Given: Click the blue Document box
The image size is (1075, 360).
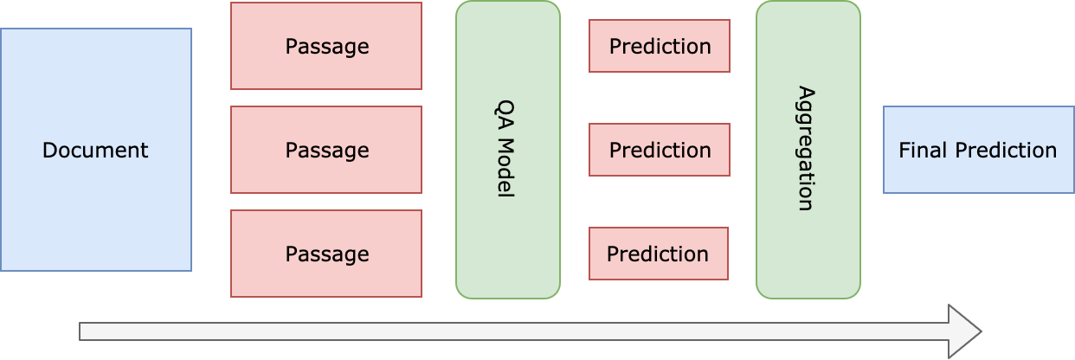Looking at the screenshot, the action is pyautogui.click(x=96, y=150).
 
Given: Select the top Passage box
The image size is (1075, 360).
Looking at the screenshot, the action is pyautogui.click(x=326, y=46).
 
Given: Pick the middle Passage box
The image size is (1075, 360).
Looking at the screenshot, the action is pyautogui.click(x=326, y=150).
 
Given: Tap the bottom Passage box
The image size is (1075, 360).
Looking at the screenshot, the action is pyautogui.click(x=326, y=254).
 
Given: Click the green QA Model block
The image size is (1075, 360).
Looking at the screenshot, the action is pyautogui.click(x=508, y=150).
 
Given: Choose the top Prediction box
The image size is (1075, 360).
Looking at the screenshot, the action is pyautogui.click(x=660, y=46).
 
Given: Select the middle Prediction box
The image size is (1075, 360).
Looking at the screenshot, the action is pyautogui.click(x=660, y=150).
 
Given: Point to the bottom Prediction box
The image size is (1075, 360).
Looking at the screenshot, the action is pyautogui.click(x=659, y=254).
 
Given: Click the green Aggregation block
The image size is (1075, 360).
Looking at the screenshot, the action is pyautogui.click(x=808, y=150).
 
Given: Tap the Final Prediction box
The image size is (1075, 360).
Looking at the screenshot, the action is pyautogui.click(x=979, y=150).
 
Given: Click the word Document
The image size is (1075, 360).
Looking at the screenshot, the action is pyautogui.click(x=95, y=151).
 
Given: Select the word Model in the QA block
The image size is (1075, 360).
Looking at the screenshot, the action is pyautogui.click(x=505, y=168).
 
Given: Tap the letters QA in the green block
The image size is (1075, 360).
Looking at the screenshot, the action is pyautogui.click(x=505, y=115).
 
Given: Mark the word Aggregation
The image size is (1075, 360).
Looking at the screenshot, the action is pyautogui.click(x=807, y=149).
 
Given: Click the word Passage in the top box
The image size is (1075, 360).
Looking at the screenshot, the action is pyautogui.click(x=327, y=47).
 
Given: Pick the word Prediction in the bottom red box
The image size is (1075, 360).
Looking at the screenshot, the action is pyautogui.click(x=658, y=254).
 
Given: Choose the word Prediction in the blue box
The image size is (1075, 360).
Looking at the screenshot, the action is pyautogui.click(x=1006, y=151).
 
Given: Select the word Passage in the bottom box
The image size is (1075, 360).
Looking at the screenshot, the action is pyautogui.click(x=327, y=254).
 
